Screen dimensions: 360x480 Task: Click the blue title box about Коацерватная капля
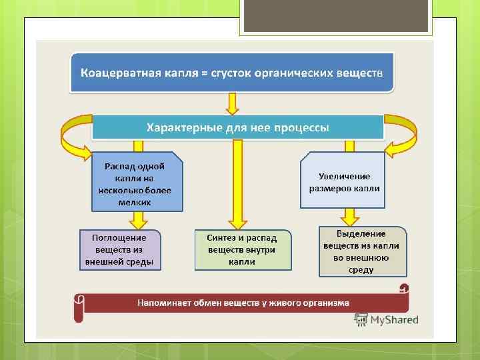click(x=232, y=73)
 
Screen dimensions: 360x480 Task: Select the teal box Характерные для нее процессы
click(x=238, y=127)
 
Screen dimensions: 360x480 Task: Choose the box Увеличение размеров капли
click(x=344, y=182)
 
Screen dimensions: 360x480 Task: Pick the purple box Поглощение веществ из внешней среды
click(x=119, y=249)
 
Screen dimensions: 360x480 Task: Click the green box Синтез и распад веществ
click(x=243, y=249)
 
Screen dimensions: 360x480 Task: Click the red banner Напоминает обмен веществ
click(x=243, y=303)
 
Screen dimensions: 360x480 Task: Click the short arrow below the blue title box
click(x=232, y=103)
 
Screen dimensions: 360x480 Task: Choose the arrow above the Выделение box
click(x=347, y=217)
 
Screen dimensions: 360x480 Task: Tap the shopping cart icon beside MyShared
click(x=361, y=319)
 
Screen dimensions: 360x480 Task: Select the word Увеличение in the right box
click(x=344, y=176)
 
